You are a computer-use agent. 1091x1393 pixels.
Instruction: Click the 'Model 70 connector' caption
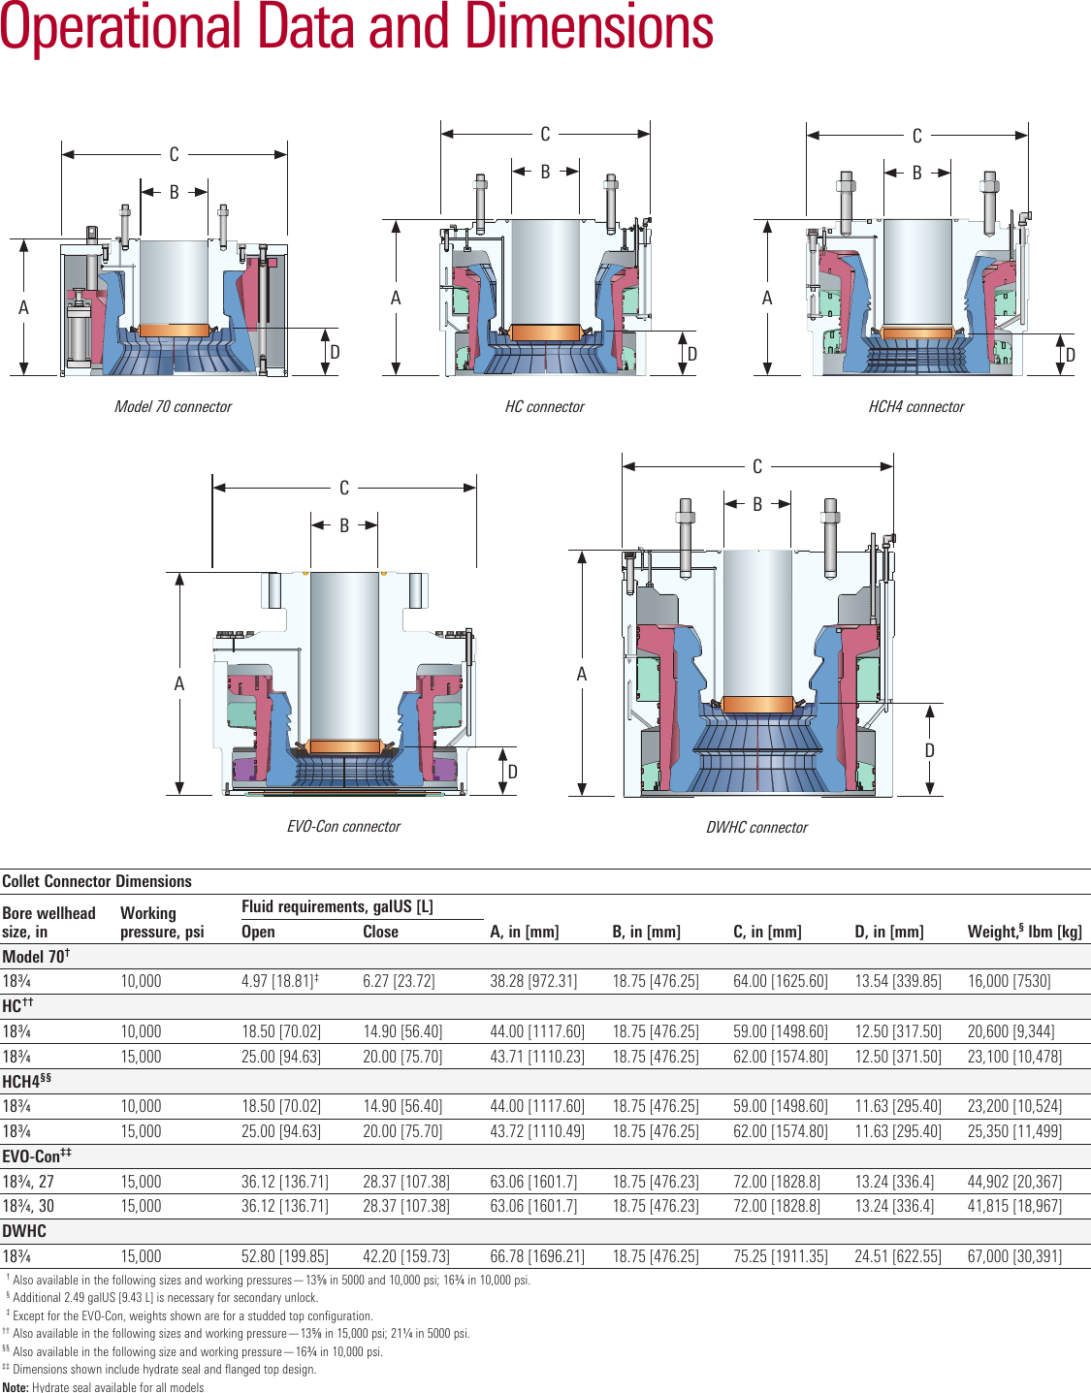point(173,407)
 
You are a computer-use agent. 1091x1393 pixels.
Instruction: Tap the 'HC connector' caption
point(544,407)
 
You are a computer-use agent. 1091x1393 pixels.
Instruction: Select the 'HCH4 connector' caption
point(915,407)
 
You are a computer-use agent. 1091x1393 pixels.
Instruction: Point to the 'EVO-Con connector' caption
point(343,827)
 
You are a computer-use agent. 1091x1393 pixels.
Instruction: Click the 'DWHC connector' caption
point(756,828)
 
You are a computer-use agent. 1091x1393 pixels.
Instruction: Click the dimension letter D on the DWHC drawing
point(929,750)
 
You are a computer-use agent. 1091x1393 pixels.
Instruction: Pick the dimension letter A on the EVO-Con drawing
point(179,684)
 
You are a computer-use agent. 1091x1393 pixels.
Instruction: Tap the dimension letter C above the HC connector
point(545,135)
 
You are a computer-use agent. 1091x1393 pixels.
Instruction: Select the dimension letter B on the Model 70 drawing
point(175,192)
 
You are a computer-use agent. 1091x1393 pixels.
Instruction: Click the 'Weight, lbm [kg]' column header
point(1024,932)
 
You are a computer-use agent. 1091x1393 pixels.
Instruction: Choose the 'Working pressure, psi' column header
point(162,922)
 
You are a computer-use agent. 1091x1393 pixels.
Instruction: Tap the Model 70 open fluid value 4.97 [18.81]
point(279,981)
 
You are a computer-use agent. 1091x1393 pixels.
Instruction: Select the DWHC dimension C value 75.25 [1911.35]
point(780,1256)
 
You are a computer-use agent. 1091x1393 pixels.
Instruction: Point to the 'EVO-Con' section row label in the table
point(36,1156)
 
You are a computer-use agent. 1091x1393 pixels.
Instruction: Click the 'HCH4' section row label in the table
point(26,1082)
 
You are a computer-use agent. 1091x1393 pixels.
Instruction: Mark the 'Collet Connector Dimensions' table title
point(97,881)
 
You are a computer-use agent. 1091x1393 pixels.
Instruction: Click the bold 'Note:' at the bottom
point(16,1387)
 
